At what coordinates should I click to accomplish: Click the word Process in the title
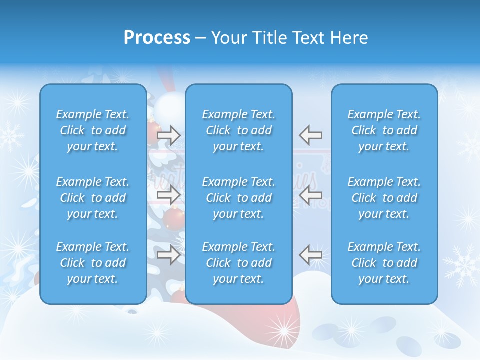[x=157, y=38]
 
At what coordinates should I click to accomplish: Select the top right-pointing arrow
[x=168, y=135]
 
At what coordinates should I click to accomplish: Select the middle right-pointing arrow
[x=168, y=195]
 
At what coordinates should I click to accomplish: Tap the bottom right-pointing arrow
[x=168, y=255]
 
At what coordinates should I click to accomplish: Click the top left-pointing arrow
[x=311, y=135]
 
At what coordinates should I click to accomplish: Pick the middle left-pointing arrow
[x=311, y=195]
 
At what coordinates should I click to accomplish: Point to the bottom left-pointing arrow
[x=311, y=255]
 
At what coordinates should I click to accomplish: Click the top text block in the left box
[x=93, y=130]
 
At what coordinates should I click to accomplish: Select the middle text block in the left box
[x=93, y=198]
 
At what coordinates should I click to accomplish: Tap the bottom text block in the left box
[x=93, y=263]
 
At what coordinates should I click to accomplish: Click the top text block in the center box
[x=238, y=130]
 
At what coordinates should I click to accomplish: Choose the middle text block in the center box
[x=238, y=198]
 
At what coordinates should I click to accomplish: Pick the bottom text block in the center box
[x=238, y=263]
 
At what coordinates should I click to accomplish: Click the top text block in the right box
[x=384, y=130]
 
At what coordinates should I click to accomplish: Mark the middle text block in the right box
[x=384, y=198]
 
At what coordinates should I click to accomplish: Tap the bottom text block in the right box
[x=384, y=263]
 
